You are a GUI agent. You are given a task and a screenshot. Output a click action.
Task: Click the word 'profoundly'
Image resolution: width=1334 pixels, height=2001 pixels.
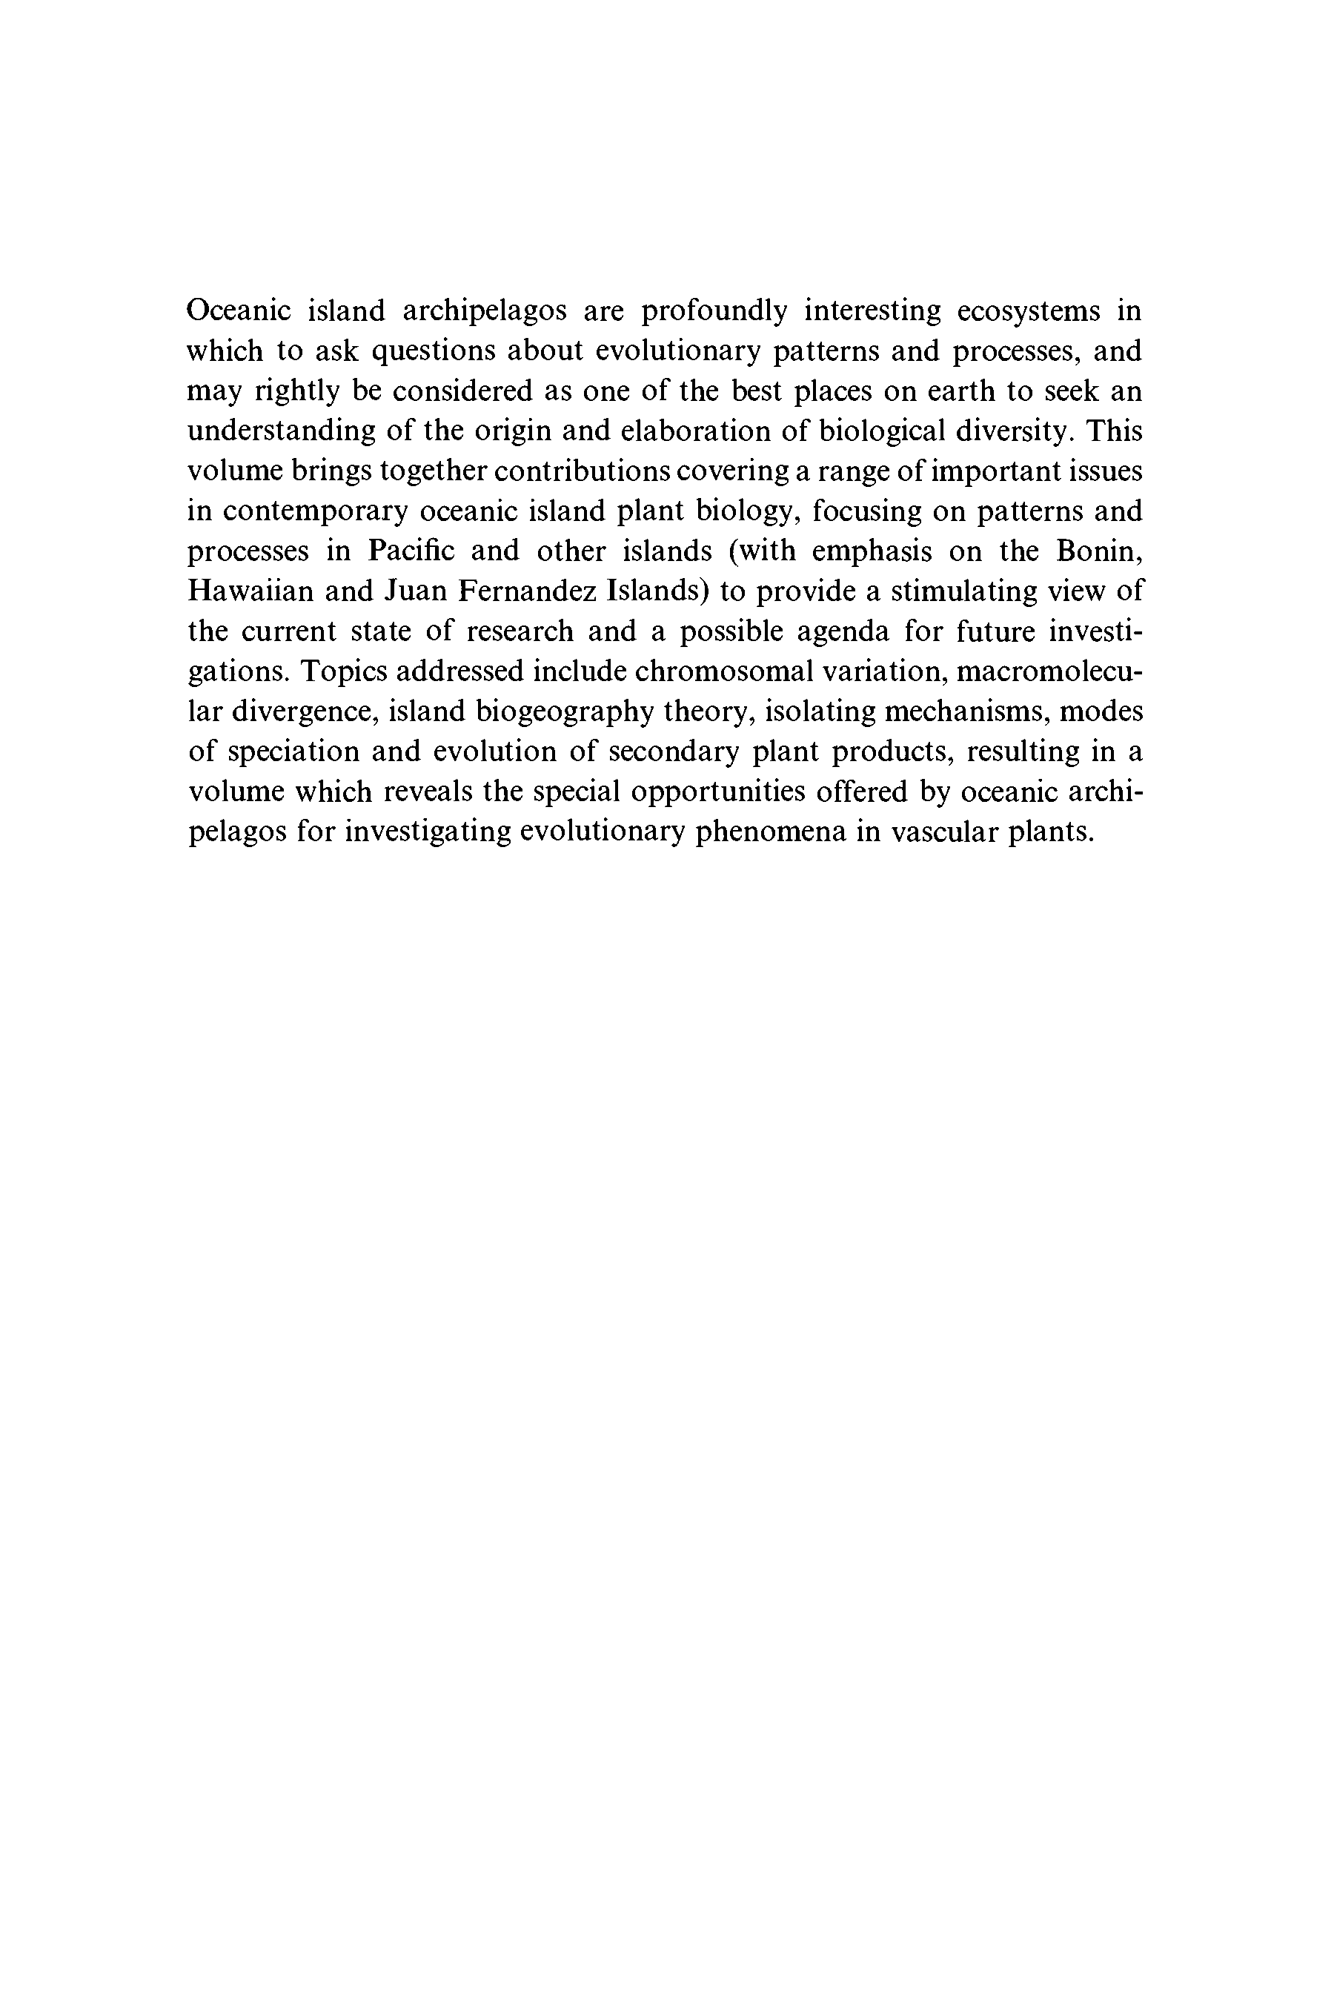714,312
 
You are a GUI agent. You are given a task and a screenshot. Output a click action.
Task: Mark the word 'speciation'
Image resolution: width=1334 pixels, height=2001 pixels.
290,752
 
